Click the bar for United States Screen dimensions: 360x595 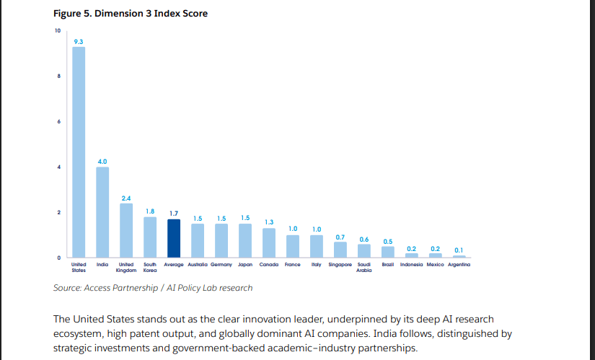[x=79, y=152]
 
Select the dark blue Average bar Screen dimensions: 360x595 [x=174, y=239]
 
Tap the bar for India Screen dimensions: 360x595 [x=102, y=212]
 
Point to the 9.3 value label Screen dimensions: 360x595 [x=79, y=41]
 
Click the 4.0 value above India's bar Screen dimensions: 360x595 [x=102, y=161]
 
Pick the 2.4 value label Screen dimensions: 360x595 [x=126, y=198]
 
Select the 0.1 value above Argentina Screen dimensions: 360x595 [x=459, y=250]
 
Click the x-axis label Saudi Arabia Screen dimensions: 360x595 [x=364, y=268]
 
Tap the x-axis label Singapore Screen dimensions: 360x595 [x=340, y=265]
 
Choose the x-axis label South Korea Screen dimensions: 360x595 [x=150, y=268]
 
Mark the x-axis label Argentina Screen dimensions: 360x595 [x=459, y=265]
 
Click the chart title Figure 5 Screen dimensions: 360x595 [x=130, y=13]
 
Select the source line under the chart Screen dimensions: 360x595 [x=153, y=288]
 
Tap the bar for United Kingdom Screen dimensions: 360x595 [x=126, y=230]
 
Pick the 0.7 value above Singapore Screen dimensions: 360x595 [x=340, y=237]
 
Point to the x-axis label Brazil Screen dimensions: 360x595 [x=387, y=265]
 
